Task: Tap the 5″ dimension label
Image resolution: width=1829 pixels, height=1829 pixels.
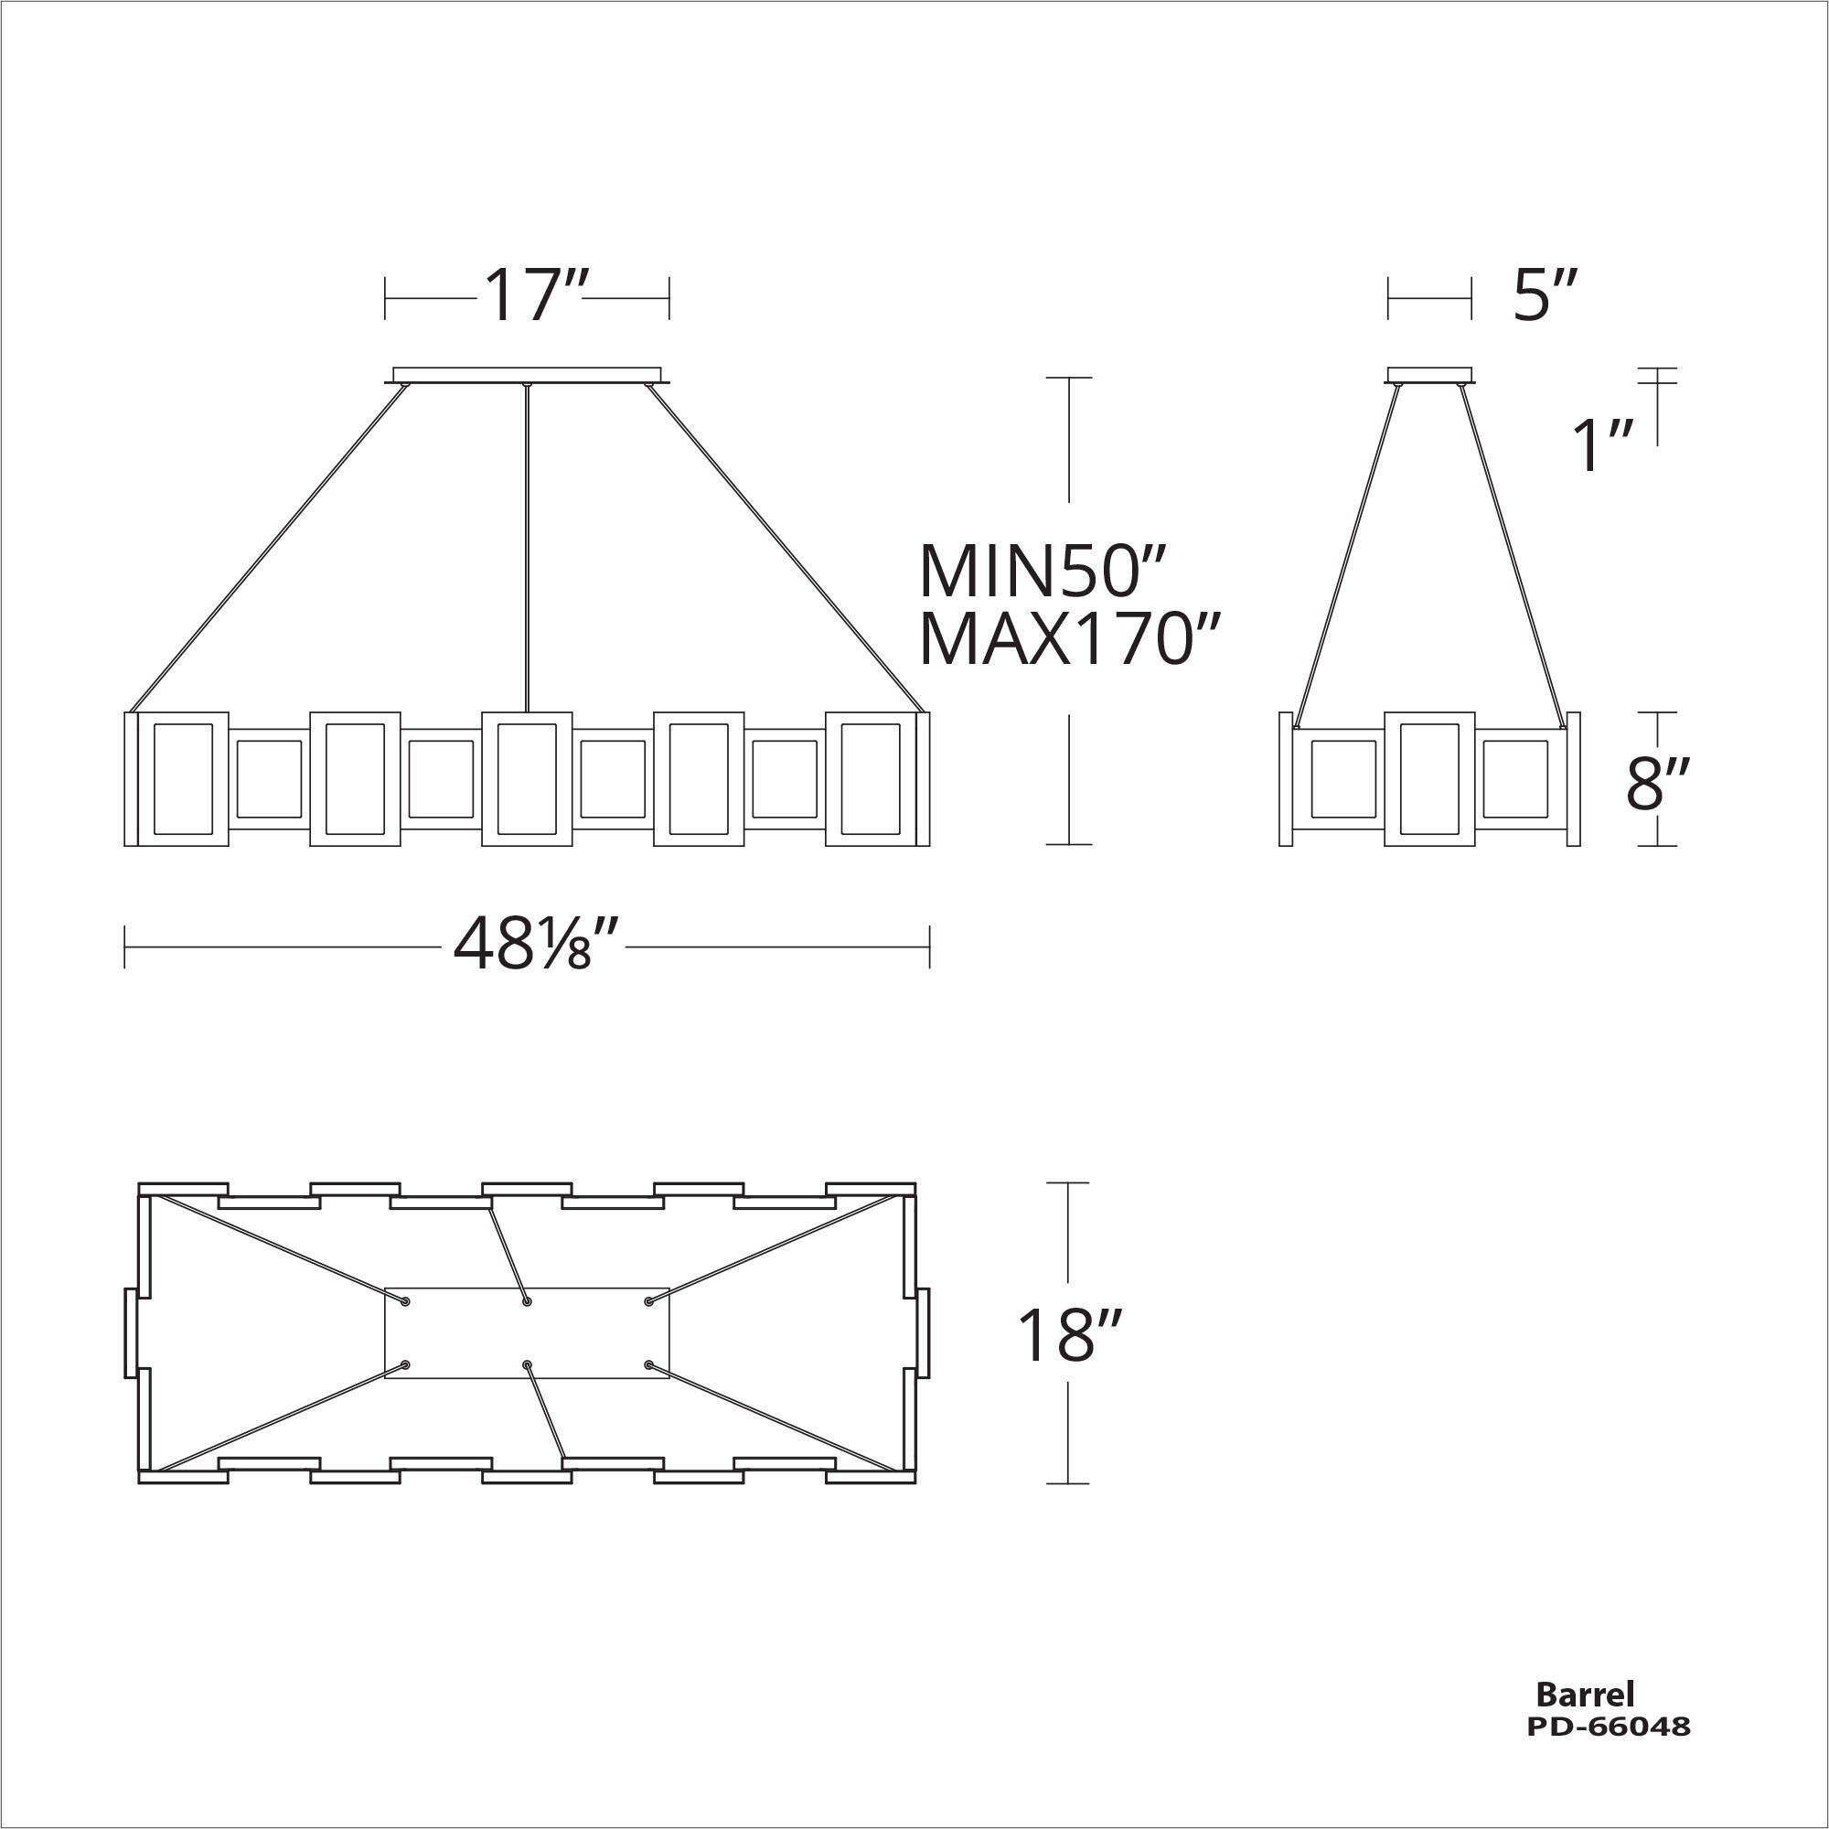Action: click(x=1545, y=295)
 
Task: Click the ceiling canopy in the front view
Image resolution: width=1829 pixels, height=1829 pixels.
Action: click(x=527, y=375)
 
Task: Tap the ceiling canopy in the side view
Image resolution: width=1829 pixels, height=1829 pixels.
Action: click(x=1429, y=375)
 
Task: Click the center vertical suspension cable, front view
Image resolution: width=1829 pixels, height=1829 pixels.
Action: click(x=527, y=549)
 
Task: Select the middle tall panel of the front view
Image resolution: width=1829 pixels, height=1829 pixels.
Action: click(x=527, y=778)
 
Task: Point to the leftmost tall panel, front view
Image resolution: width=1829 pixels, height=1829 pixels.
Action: click(x=183, y=778)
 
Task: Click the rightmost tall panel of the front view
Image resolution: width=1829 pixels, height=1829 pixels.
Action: click(x=870, y=778)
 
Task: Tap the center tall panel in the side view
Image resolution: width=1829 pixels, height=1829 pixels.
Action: click(x=1429, y=778)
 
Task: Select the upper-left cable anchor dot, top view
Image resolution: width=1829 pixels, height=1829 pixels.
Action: click(x=406, y=1301)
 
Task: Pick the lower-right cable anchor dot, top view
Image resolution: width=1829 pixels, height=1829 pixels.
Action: click(x=648, y=1364)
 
